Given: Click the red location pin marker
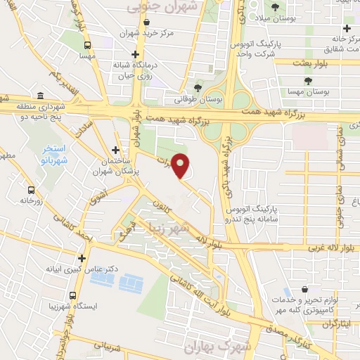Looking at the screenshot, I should click(x=181, y=166).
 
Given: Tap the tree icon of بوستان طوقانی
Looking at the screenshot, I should click(x=198, y=88).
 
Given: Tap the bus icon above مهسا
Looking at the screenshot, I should click(x=87, y=43).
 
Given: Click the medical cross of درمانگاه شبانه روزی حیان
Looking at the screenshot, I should click(x=135, y=53).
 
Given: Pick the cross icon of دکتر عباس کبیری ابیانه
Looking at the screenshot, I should click(x=82, y=258).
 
